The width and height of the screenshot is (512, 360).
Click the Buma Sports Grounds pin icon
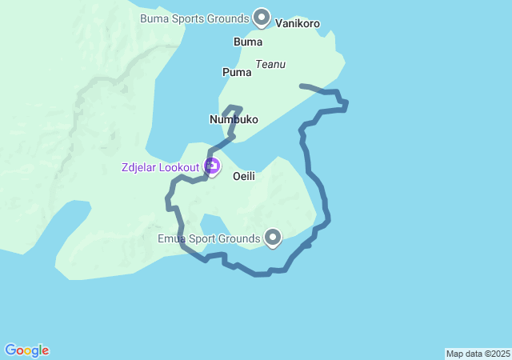point(262,16)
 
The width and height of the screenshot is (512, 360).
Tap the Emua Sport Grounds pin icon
point(274,237)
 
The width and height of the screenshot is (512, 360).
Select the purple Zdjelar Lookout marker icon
point(212,166)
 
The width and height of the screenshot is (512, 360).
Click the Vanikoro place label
point(298,23)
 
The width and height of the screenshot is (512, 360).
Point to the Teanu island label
point(270,64)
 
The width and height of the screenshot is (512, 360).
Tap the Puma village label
point(237,72)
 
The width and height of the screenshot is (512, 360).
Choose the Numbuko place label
point(234,119)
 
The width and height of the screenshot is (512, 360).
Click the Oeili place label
point(244,176)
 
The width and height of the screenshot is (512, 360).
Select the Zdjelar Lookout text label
point(161,167)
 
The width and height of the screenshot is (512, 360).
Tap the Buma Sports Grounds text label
point(194,18)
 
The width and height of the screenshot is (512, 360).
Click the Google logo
point(27,350)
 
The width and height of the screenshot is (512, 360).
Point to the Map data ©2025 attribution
point(478,354)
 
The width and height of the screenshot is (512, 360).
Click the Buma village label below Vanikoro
point(248,41)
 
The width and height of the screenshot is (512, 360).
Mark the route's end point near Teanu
point(301,85)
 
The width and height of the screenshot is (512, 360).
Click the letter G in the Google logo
point(10,350)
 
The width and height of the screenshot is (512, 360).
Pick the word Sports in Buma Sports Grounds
point(190,18)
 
